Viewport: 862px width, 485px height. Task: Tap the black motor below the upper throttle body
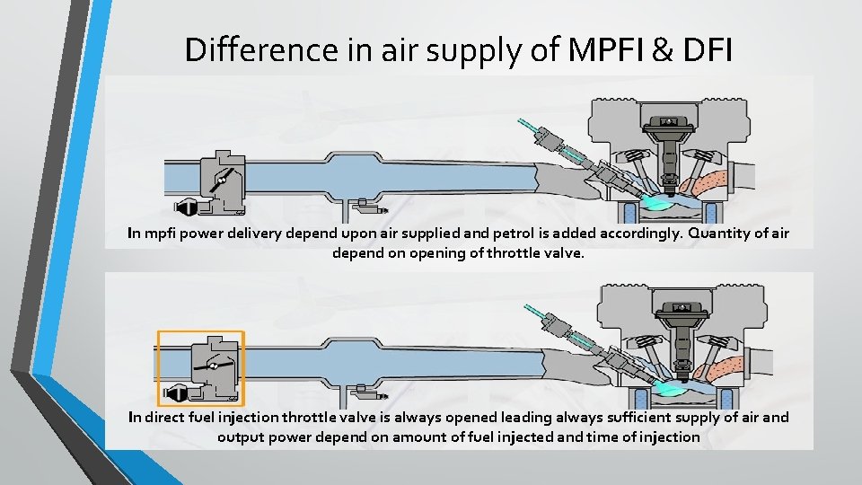[188, 208]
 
